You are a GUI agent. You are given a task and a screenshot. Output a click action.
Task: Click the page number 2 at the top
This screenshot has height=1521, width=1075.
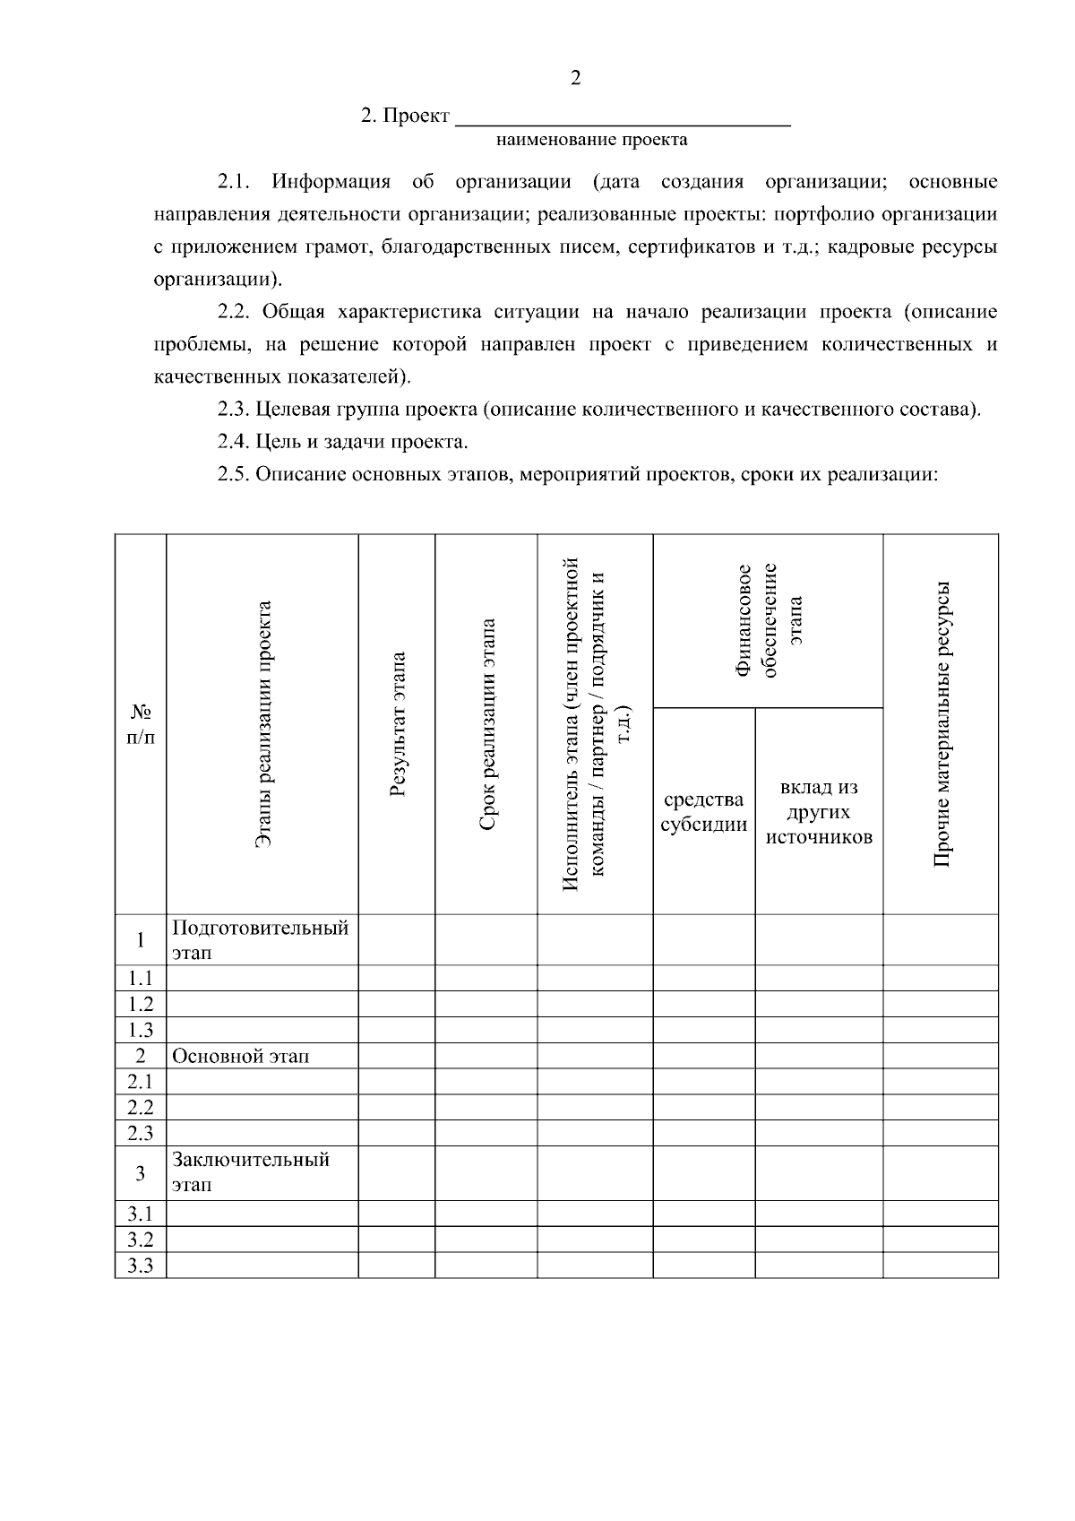575,78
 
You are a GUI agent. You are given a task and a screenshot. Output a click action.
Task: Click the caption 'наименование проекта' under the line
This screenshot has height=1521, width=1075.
591,140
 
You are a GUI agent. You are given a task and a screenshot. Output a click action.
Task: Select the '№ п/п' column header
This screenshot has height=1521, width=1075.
141,724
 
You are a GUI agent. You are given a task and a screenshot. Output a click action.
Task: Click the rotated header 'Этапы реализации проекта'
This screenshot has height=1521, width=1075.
262,724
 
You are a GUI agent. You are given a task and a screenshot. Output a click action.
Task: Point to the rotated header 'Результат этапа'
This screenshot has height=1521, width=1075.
398,724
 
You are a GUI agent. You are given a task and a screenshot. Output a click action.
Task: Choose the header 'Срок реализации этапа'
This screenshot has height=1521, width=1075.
486,724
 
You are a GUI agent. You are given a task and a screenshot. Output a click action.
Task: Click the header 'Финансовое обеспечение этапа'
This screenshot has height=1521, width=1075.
768,620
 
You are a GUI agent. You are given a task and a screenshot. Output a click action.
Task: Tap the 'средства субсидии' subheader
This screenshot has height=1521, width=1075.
703,812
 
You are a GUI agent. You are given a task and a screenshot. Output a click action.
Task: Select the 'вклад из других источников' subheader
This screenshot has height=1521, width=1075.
819,812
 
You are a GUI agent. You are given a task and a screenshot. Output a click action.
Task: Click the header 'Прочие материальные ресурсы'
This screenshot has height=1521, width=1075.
941,724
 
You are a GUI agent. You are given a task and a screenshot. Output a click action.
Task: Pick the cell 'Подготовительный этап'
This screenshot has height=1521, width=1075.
260,939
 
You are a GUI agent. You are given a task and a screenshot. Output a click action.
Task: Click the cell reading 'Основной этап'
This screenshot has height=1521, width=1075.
240,1056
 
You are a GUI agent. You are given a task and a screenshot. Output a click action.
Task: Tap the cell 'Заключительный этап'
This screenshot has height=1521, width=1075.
251,1172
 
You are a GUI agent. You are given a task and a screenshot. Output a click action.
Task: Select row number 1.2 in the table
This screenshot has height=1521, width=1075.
141,1004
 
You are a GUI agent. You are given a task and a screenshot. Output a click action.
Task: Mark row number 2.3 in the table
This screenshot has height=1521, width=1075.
141,1133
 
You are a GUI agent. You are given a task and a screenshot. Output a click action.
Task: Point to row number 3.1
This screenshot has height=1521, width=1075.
141,1214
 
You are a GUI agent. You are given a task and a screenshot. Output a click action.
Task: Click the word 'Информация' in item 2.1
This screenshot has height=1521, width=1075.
331,183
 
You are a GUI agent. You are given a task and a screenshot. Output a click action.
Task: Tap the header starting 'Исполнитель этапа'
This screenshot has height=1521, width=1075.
595,724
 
